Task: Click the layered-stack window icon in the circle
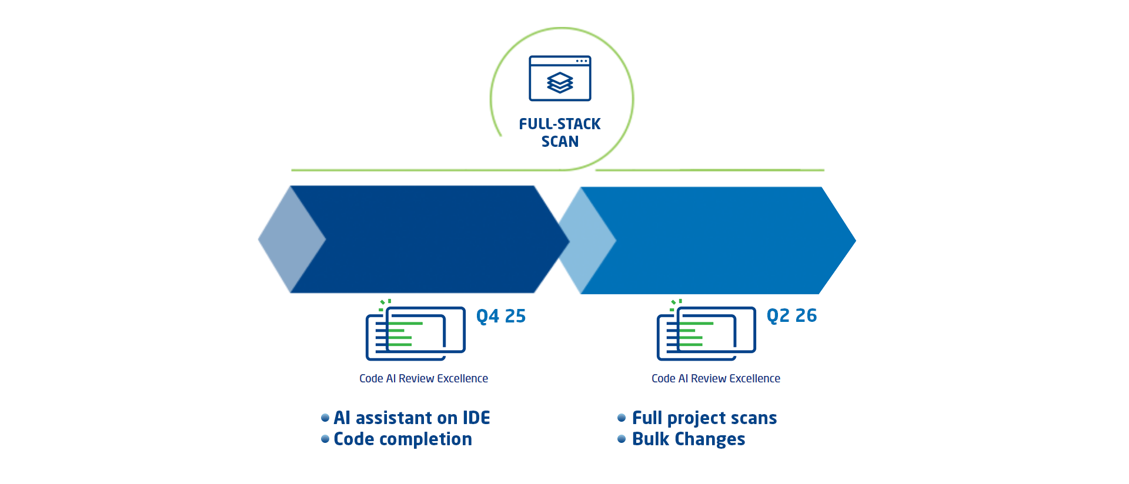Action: coord(560,78)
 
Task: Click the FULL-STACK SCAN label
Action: coord(560,133)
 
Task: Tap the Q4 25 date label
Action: coord(501,317)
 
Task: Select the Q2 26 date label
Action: coord(791,316)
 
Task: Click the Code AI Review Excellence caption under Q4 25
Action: coord(423,379)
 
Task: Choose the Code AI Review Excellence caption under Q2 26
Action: coord(716,379)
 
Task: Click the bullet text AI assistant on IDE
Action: coord(412,418)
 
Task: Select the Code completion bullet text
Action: coord(403,439)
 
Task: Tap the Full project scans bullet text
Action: coord(704,418)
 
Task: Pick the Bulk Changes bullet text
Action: coord(689,439)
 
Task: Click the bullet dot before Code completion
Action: coord(325,439)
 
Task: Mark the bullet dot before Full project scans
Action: coord(622,418)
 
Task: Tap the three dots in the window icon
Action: coord(582,61)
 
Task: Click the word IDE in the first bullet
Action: coord(476,418)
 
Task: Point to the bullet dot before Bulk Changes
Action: coord(622,439)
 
